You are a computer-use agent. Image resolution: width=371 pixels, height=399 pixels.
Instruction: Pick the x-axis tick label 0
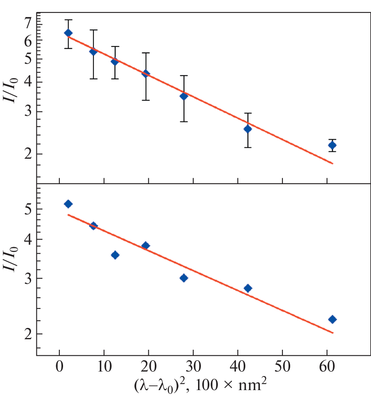[59, 370]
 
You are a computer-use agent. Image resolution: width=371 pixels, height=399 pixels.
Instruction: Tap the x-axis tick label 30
[193, 370]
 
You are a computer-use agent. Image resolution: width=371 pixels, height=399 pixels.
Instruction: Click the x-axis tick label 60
[327, 370]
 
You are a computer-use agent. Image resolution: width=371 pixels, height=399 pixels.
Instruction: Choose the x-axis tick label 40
[238, 370]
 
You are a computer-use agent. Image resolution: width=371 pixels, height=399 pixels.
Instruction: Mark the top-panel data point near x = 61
[332, 145]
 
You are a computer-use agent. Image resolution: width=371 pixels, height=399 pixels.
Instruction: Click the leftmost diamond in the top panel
[68, 33]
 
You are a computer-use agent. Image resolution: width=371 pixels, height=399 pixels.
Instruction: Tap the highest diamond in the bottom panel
[68, 204]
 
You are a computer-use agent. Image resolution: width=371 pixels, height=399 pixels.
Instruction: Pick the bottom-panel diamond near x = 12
[115, 255]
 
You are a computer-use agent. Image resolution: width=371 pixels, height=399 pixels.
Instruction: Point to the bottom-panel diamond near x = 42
[248, 288]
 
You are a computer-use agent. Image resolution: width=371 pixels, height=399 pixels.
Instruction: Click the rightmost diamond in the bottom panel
[332, 319]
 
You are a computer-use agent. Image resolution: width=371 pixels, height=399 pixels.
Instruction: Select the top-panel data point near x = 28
[184, 96]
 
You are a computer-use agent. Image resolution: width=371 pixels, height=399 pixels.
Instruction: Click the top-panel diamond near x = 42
[248, 129]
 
